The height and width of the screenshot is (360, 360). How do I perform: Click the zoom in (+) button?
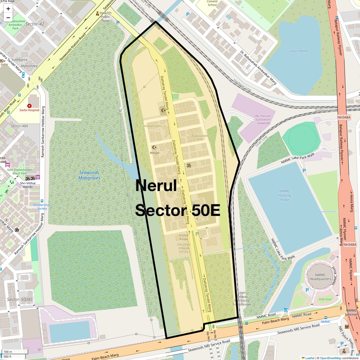coord(8,9)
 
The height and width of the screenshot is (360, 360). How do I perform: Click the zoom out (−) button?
coord(8,17)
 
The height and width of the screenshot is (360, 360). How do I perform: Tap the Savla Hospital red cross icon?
coord(29,106)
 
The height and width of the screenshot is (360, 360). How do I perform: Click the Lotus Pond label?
coord(298,51)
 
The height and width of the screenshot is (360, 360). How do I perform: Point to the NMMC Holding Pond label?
coord(284,195)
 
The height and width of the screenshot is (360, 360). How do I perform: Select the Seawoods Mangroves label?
coord(89,175)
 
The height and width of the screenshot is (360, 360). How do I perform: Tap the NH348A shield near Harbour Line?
coord(344,117)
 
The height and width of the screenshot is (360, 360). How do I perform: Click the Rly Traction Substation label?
coord(263,119)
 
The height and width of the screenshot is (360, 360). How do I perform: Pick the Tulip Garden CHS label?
coord(200,137)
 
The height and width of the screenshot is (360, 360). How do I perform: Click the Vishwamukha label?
coord(153,126)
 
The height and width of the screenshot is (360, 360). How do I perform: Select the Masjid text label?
coord(154,153)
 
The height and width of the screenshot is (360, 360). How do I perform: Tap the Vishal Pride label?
coord(184,237)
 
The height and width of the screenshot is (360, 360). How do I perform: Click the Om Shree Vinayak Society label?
coord(184,248)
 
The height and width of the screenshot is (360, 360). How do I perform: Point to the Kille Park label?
coord(325,299)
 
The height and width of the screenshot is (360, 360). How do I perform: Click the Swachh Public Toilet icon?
coord(98,13)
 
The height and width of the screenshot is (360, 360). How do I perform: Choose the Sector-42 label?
coord(35,24)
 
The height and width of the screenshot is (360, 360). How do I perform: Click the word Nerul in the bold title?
coord(156,186)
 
